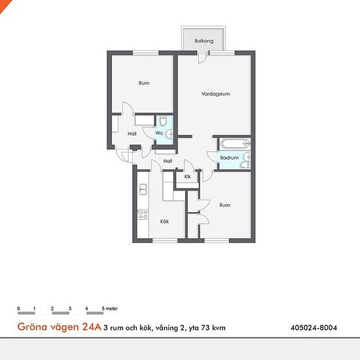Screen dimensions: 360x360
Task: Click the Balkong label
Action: (x=204, y=41)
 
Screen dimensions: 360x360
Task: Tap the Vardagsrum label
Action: (x=215, y=94)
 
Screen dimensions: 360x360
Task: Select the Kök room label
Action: (x=164, y=221)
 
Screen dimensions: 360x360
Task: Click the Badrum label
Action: (x=229, y=158)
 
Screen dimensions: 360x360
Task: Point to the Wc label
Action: (x=159, y=133)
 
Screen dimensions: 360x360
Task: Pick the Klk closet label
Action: (x=187, y=177)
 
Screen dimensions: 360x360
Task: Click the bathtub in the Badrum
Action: (x=235, y=144)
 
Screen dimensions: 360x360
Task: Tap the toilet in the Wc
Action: (x=163, y=120)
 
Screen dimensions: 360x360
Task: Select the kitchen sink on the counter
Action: (x=143, y=189)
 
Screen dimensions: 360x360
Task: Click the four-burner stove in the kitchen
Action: (x=143, y=215)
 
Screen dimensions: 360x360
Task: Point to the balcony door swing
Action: (x=202, y=57)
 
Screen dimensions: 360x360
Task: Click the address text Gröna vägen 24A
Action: (x=59, y=327)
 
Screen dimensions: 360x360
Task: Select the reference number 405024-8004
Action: (x=314, y=327)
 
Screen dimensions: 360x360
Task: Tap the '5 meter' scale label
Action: (x=110, y=308)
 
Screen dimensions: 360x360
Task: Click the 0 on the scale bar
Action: (x=18, y=308)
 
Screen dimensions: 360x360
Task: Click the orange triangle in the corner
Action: (x=4, y=5)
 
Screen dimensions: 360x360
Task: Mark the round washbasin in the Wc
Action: (x=170, y=134)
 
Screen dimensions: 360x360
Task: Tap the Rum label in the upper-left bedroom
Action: (x=144, y=83)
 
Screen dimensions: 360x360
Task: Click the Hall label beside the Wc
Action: (x=132, y=134)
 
